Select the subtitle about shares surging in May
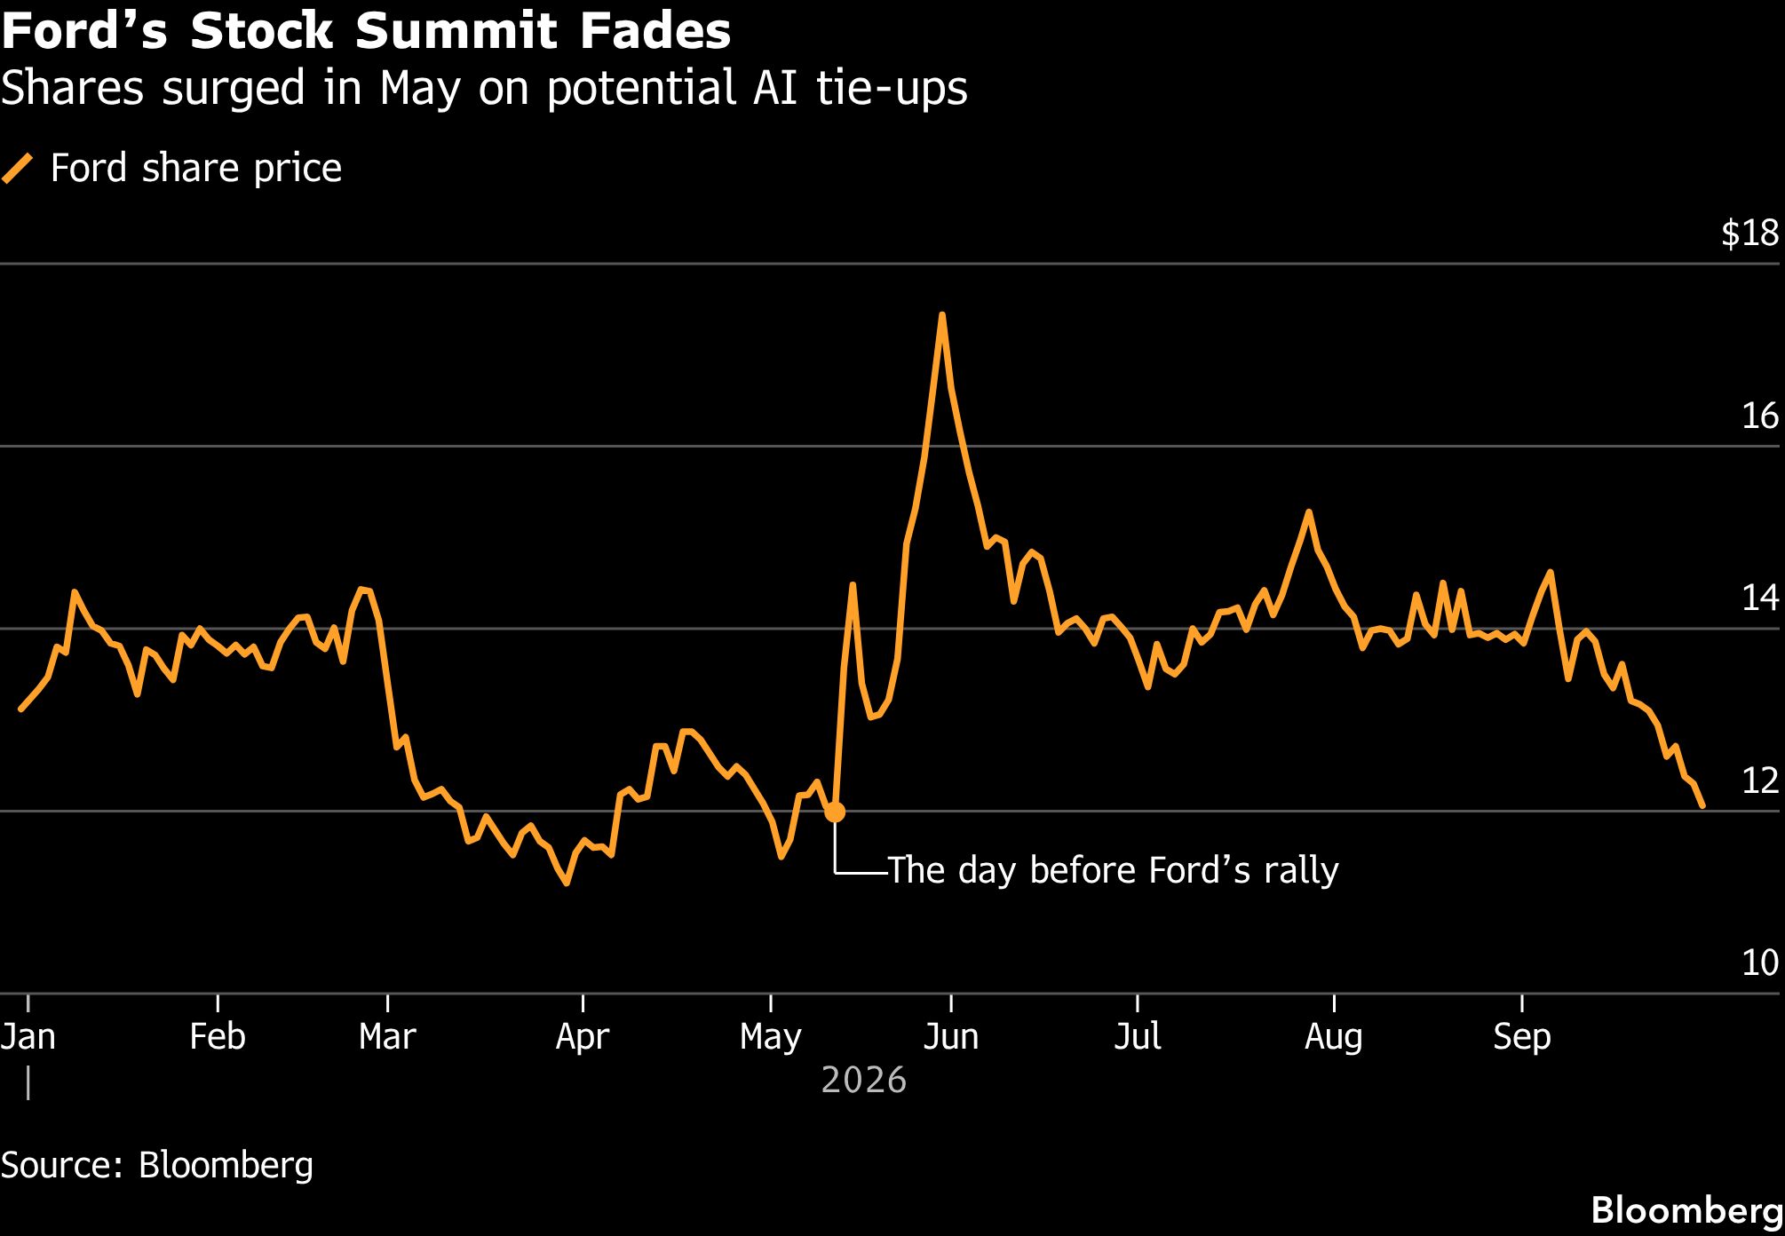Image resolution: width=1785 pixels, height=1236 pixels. (484, 89)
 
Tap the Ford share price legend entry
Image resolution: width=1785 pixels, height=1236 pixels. (171, 168)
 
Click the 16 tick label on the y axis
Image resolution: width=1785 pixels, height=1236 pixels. (1760, 416)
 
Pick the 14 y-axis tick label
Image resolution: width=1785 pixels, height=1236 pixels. (1760, 598)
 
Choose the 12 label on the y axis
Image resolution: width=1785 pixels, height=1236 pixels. (1760, 780)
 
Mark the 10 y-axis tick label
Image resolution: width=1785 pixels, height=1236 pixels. (1760, 963)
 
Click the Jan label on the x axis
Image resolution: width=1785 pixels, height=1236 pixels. (28, 1036)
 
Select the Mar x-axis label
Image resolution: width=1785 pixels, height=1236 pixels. (387, 1036)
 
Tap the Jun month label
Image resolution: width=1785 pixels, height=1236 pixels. (951, 1036)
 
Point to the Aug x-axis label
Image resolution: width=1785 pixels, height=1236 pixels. (1334, 1036)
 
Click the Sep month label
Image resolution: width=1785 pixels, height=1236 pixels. (1522, 1036)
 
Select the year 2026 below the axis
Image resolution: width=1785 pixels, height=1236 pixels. (864, 1081)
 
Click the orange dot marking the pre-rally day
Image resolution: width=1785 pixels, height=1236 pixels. (835, 812)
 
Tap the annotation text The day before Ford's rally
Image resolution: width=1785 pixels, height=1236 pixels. (1113, 870)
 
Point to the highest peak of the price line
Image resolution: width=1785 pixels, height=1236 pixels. (941, 314)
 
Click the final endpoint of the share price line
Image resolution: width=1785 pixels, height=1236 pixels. (1702, 806)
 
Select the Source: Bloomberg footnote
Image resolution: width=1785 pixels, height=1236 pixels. (157, 1165)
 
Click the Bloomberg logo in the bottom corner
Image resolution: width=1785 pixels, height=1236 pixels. (1687, 1210)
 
